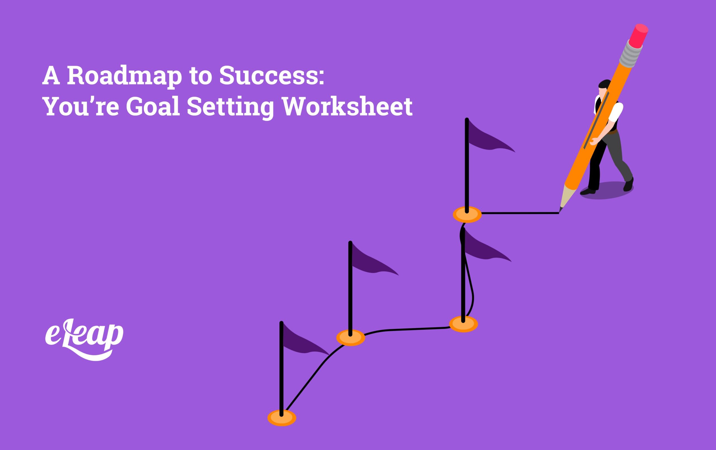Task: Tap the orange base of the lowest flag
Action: click(x=282, y=418)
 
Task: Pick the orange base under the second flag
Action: click(x=350, y=337)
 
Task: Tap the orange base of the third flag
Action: click(x=463, y=324)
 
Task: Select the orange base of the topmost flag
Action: click(x=467, y=214)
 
